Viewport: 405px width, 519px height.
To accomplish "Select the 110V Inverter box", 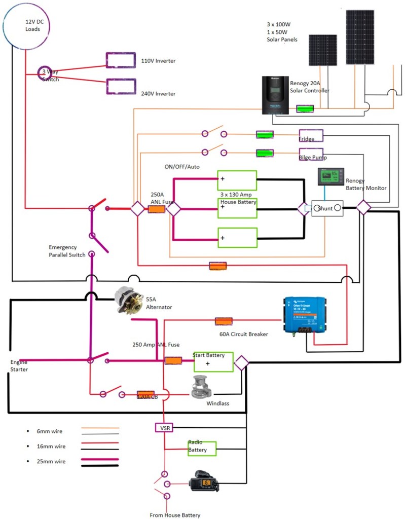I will [x=120, y=60].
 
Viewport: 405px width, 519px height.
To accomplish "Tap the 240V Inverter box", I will [x=120, y=86].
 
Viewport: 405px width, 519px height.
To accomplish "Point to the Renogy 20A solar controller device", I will [x=275, y=95].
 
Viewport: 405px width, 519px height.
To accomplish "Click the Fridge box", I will [x=311, y=135].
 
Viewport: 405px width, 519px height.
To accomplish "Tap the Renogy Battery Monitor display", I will [x=330, y=176].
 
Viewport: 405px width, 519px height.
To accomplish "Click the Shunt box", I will [x=327, y=208].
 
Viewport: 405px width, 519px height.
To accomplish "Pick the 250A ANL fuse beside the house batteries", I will [x=157, y=208].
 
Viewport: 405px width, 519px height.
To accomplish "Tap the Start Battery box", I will [x=213, y=362].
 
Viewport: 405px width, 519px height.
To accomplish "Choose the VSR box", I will [x=164, y=428].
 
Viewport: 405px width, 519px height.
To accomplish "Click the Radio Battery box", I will [x=201, y=449].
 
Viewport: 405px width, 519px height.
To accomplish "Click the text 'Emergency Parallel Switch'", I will [x=67, y=251].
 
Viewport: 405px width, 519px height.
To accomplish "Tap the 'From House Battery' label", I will [x=175, y=515].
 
